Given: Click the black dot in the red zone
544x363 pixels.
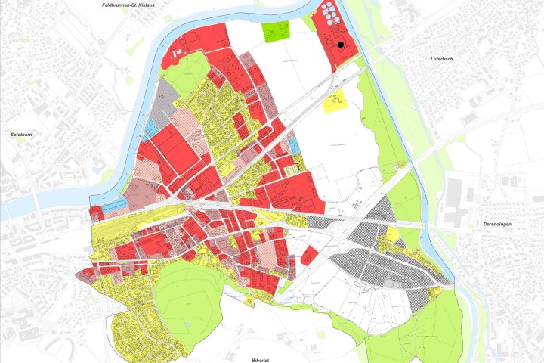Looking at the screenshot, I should coord(341,45).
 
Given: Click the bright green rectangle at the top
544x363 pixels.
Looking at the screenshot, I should coord(277,31).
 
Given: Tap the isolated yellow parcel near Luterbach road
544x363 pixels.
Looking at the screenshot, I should coord(333,102).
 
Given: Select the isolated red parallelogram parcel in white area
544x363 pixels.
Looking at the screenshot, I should coord(309,256).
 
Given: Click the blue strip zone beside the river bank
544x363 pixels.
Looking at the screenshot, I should coord(115,204).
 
